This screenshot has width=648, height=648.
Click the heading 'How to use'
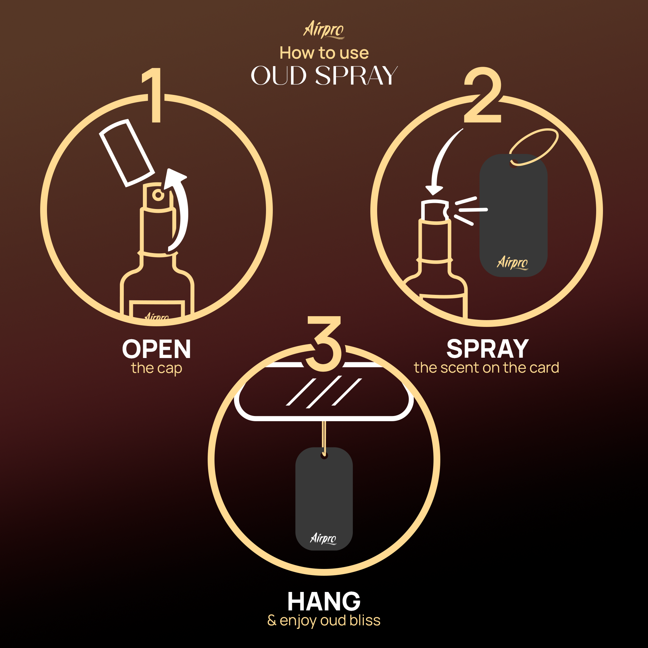tap(324, 53)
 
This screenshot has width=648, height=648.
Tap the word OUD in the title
tap(278, 75)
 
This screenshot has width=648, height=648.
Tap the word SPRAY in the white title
tap(356, 75)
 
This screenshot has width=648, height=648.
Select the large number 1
tap(153, 96)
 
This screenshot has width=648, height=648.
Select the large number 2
tap(483, 96)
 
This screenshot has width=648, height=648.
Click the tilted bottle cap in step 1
tap(126, 153)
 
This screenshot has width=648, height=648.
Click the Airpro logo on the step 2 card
tap(512, 262)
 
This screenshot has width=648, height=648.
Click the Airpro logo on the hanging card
tap(323, 538)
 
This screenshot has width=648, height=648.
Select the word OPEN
tap(156, 349)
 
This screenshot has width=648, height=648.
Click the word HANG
tap(324, 601)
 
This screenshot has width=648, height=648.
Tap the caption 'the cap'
tap(156, 368)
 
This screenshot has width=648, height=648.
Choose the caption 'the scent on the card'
tap(486, 368)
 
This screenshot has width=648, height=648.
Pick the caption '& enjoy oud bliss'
tap(324, 620)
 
